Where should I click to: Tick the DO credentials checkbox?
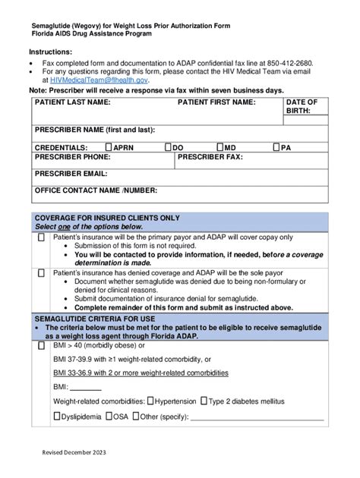[x=168, y=147]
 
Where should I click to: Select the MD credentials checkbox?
[x=219, y=147]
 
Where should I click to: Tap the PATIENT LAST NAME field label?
[x=73, y=102]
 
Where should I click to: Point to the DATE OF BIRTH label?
[x=302, y=106]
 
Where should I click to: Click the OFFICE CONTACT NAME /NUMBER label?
[x=96, y=190]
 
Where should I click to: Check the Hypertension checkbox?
[x=150, y=401]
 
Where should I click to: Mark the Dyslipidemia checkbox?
[x=57, y=417]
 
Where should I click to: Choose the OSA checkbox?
[x=109, y=417]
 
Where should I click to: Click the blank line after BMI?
[x=85, y=387]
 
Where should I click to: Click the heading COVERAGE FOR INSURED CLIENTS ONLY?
[x=107, y=218]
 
